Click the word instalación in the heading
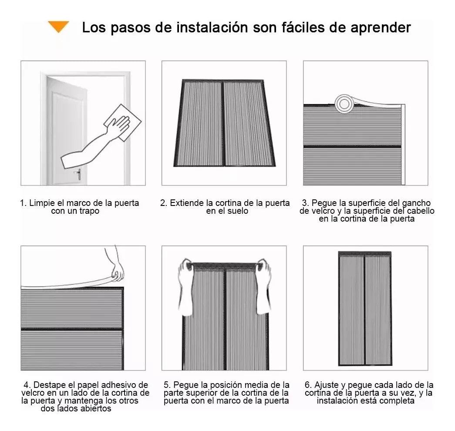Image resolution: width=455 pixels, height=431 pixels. pyautogui.click(x=213, y=27)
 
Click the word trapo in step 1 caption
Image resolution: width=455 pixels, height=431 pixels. pyautogui.click(x=89, y=211)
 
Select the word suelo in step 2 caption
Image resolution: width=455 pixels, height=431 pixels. pyautogui.click(x=237, y=211)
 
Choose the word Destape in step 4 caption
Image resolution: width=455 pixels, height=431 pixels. pyautogui.click(x=48, y=385)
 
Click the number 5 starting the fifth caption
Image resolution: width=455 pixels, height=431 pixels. pyautogui.click(x=167, y=385)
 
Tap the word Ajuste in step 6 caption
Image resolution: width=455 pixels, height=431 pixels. pyautogui.click(x=326, y=385)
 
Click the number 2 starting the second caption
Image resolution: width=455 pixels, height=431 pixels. pyautogui.click(x=163, y=203)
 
